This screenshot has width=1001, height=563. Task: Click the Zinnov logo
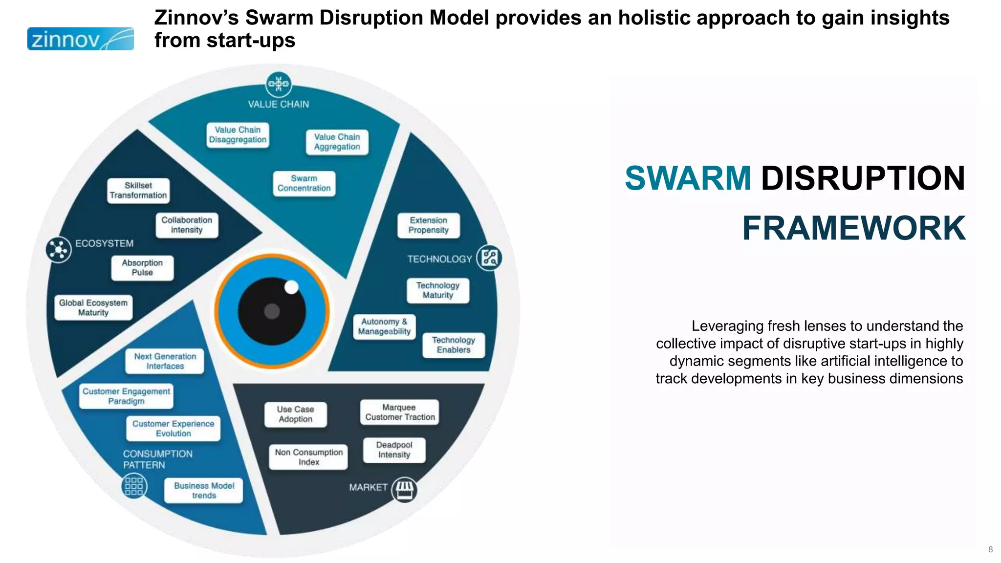80,39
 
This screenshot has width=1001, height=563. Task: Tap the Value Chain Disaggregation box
238,135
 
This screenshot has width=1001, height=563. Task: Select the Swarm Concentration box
304,184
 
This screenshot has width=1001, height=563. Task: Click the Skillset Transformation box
138,191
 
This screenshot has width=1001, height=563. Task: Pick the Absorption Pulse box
142,268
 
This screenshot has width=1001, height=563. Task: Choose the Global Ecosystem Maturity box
93,308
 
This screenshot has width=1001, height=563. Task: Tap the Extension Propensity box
428,225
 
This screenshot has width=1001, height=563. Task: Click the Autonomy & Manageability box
384,326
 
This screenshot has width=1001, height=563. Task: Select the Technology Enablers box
454,345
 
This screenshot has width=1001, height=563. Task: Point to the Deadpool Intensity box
394,450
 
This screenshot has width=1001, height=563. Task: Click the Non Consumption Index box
308,457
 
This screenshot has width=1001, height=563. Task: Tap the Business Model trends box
204,491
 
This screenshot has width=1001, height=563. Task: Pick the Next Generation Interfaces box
165,362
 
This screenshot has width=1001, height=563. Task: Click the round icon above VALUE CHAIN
279,84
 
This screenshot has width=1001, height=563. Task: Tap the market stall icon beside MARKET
404,489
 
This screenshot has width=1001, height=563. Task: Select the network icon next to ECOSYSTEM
59,250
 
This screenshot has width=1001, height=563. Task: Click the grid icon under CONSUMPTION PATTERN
134,486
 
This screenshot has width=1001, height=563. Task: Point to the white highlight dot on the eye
291,287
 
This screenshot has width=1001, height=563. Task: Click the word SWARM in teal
688,178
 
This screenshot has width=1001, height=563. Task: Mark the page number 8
990,549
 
